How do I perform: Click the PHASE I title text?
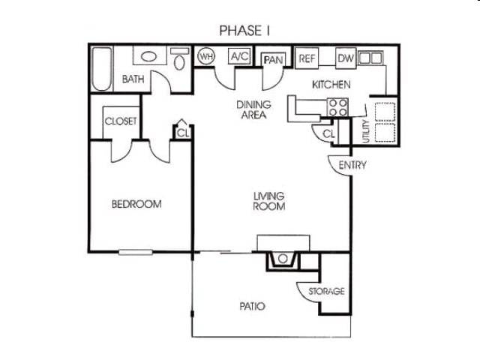(x=244, y=30)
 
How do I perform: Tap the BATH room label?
(x=133, y=79)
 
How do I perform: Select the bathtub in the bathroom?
(x=102, y=69)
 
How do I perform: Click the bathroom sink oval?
(x=149, y=57)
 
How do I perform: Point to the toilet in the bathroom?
(x=179, y=60)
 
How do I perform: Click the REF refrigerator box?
(x=307, y=58)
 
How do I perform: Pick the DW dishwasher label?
(x=345, y=58)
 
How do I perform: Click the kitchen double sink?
(x=370, y=57)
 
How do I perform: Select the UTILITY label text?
(x=365, y=130)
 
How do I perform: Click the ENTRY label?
(x=352, y=165)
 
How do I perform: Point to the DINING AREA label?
(x=255, y=109)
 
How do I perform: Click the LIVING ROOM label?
(x=268, y=201)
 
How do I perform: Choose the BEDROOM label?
(x=136, y=203)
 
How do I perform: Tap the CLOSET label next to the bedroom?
(x=121, y=121)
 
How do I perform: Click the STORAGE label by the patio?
(x=326, y=291)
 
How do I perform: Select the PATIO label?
(x=252, y=306)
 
